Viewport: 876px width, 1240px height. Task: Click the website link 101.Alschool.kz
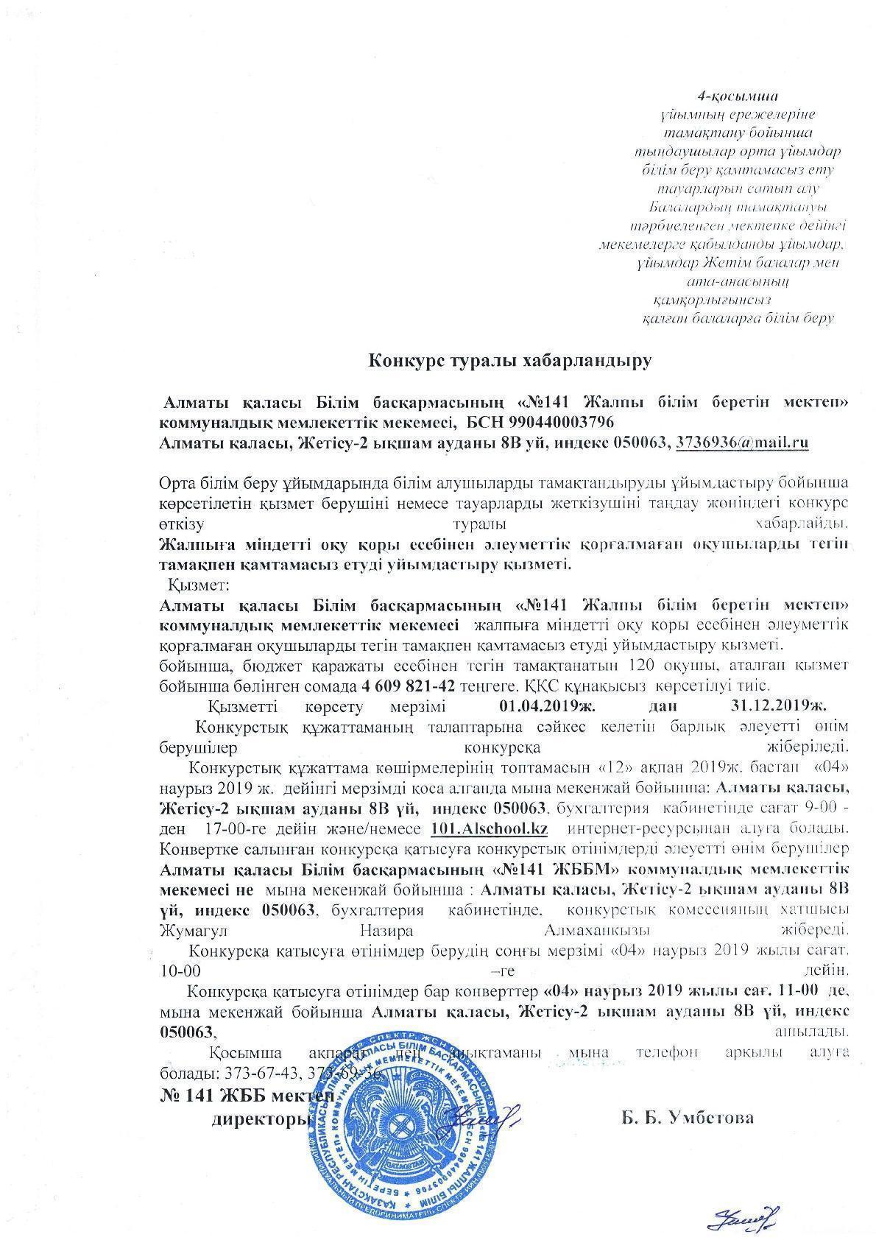(x=490, y=828)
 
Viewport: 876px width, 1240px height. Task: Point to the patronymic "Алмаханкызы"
(x=591, y=929)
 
